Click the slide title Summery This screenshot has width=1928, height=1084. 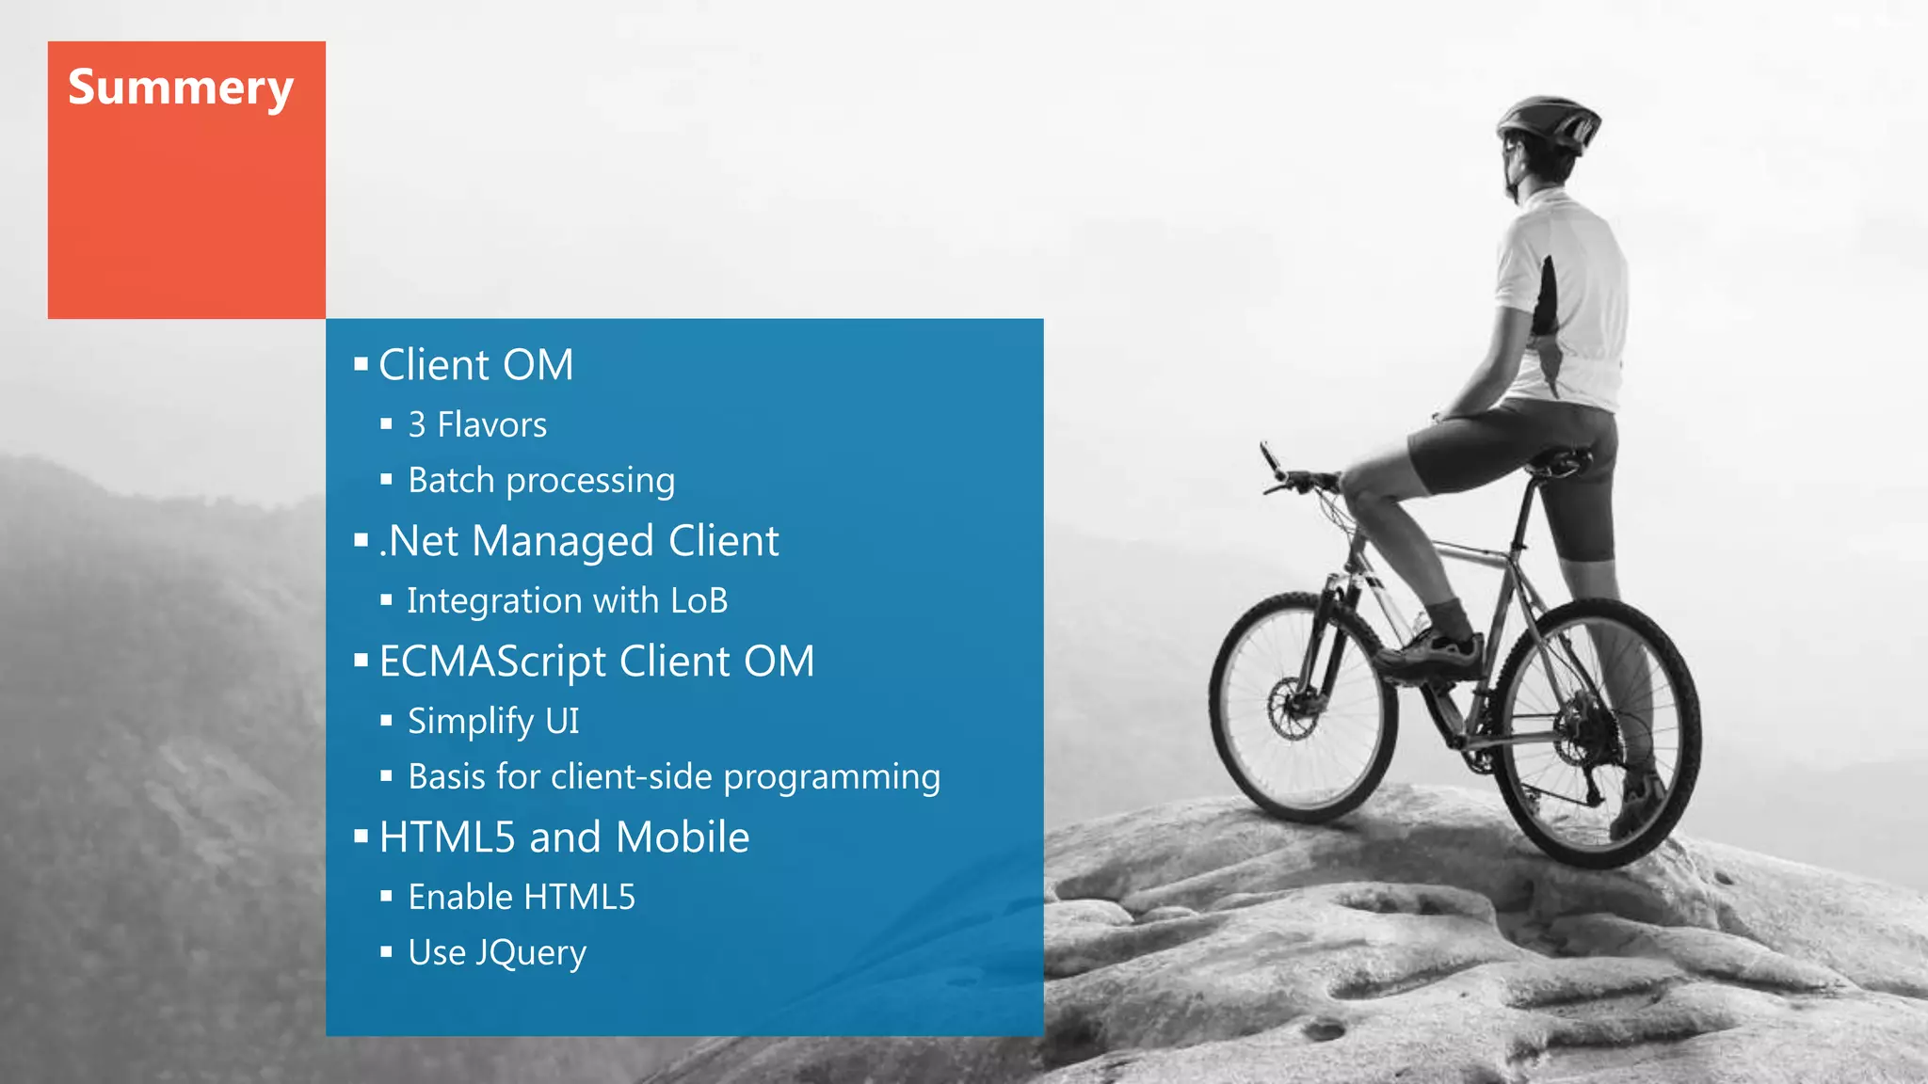(181, 88)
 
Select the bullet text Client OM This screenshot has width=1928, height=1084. (475, 365)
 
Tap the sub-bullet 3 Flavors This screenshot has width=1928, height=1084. (477, 425)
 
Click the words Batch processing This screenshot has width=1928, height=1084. (541, 481)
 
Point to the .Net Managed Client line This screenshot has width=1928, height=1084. (579, 541)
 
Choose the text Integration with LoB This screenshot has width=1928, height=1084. (568, 601)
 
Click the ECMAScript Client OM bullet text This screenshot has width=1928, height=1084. (596, 662)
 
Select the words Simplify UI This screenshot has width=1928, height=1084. (493, 722)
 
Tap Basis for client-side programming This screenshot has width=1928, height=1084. (674, 777)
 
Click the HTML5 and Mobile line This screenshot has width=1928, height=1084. (564, 837)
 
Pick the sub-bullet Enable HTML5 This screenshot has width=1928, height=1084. (522, 898)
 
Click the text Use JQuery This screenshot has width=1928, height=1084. (497, 953)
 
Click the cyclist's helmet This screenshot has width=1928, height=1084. (1548, 120)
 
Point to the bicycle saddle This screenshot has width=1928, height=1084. (1563, 462)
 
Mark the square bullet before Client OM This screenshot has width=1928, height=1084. (361, 364)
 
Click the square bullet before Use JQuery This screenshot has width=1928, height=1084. (386, 952)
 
